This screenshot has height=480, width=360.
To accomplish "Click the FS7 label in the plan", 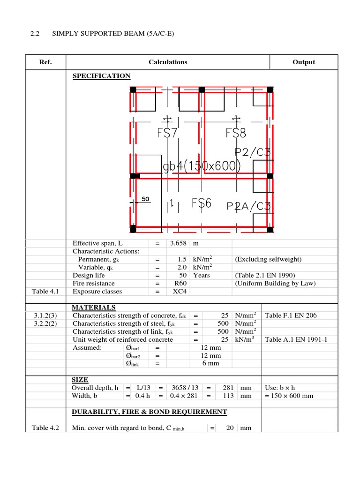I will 167,133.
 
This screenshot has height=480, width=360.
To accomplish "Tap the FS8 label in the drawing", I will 236,133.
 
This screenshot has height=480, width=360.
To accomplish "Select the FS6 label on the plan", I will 202,203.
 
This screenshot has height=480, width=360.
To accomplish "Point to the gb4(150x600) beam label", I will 202,166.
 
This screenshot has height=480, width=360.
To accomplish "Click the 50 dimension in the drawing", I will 145,199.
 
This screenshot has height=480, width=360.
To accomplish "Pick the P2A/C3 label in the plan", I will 248,207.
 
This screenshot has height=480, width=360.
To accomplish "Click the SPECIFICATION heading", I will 101,76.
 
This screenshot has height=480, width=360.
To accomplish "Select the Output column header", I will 304,62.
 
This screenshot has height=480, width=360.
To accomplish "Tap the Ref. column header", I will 45,62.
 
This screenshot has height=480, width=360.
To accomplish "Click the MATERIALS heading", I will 93,307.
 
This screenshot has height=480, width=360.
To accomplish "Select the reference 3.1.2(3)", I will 45,315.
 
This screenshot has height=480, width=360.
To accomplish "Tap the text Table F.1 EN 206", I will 291,315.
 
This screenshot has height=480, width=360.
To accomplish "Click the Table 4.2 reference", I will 45,427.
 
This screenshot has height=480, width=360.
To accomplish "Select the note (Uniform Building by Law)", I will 276,283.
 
